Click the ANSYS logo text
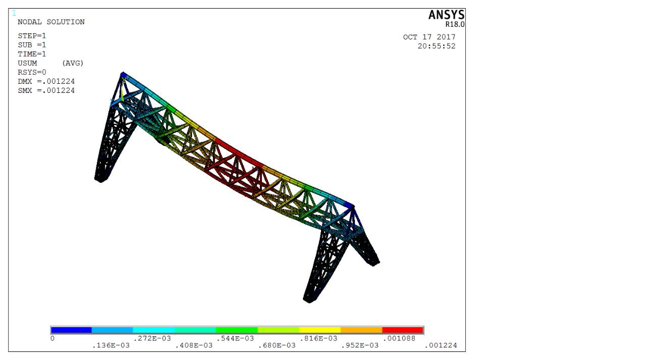(x=447, y=15)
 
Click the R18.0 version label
(x=455, y=25)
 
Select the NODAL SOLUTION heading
(x=51, y=22)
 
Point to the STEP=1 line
(x=32, y=36)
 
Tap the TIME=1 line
(x=32, y=54)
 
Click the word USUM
(x=27, y=63)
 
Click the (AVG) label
(x=73, y=63)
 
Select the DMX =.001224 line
(x=46, y=81)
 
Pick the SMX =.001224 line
(x=46, y=90)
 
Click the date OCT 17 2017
(x=429, y=37)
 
